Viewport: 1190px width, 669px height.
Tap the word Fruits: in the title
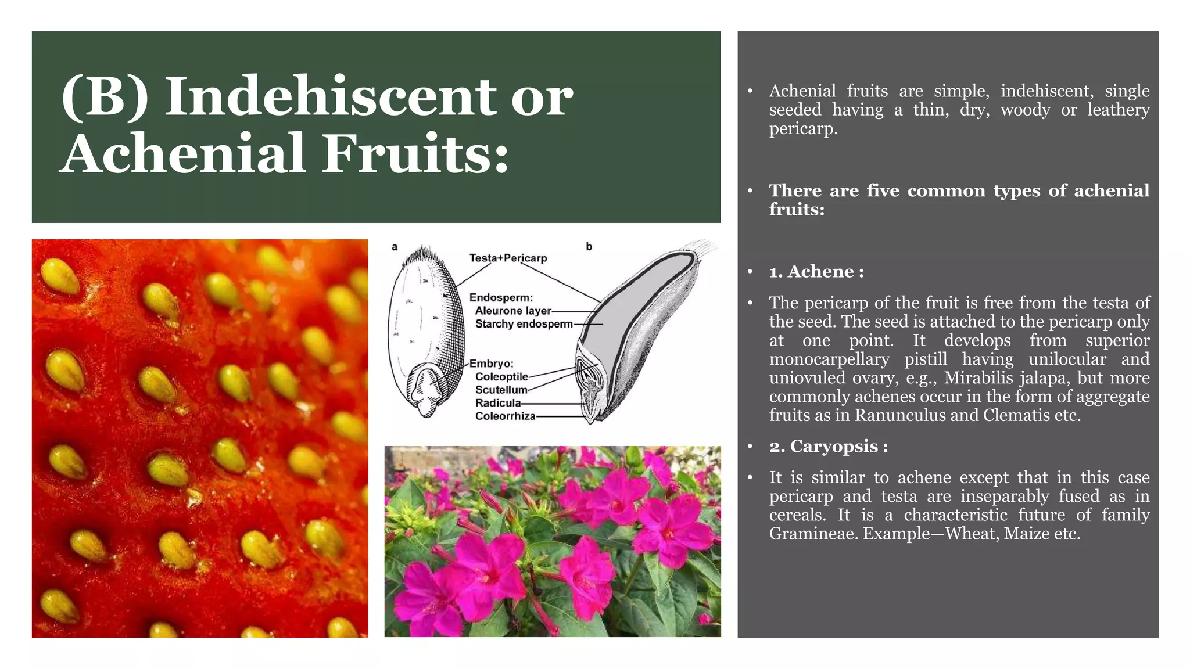pyautogui.click(x=415, y=153)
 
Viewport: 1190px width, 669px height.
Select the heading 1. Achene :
pyautogui.click(x=816, y=272)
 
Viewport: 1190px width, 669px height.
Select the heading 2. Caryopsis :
pyautogui.click(x=828, y=447)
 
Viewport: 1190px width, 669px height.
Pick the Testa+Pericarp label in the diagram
pyautogui.click(x=508, y=258)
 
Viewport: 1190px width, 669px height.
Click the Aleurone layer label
pyautogui.click(x=512, y=311)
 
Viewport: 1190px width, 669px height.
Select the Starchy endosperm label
pyautogui.click(x=524, y=324)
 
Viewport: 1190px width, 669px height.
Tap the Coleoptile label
pyautogui.click(x=501, y=377)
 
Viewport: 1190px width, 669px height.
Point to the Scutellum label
pyautogui.click(x=501, y=390)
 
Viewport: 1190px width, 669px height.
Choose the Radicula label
pyautogui.click(x=497, y=403)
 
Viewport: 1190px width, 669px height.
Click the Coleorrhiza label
pyautogui.click(x=505, y=416)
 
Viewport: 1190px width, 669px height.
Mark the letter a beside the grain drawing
pyautogui.click(x=395, y=247)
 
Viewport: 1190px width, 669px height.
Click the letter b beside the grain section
pyautogui.click(x=589, y=247)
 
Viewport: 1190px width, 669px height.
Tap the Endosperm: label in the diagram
pyautogui.click(x=500, y=298)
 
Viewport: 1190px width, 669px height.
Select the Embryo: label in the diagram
pyautogui.click(x=491, y=364)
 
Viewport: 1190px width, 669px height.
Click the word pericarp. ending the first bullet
pyautogui.click(x=803, y=129)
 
